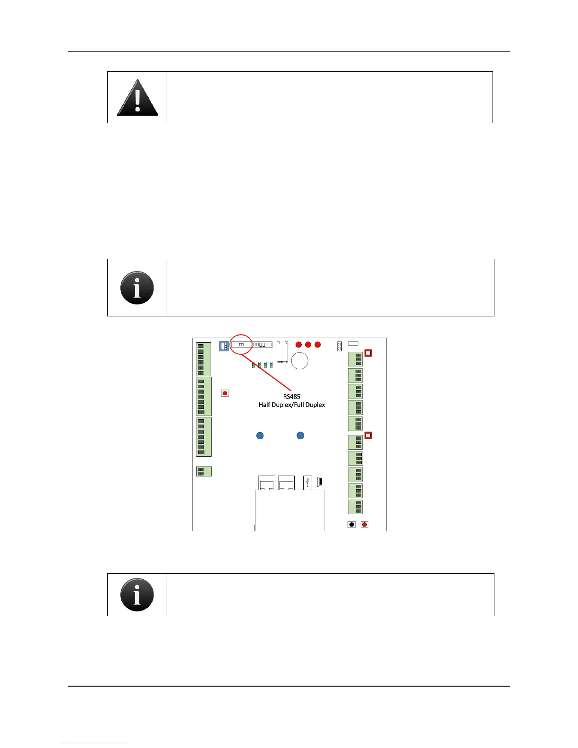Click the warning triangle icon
click(x=137, y=98)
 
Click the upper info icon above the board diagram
click(x=137, y=288)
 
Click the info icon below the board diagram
click(x=137, y=595)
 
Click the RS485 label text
click(x=292, y=397)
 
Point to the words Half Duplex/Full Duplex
click(x=292, y=405)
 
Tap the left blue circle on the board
click(x=260, y=435)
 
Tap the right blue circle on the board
click(x=300, y=435)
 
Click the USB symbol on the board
click(x=307, y=482)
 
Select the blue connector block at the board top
click(x=224, y=346)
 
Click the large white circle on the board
click(x=300, y=361)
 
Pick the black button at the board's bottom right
click(x=351, y=524)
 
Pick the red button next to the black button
click(x=365, y=524)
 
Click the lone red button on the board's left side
click(x=225, y=393)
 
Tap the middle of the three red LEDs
click(x=308, y=345)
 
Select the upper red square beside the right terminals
click(x=368, y=353)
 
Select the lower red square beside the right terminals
click(x=368, y=435)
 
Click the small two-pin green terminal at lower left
click(x=204, y=471)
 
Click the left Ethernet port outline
click(x=267, y=483)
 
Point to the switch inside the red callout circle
click(x=241, y=345)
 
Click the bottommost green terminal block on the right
click(x=355, y=507)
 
